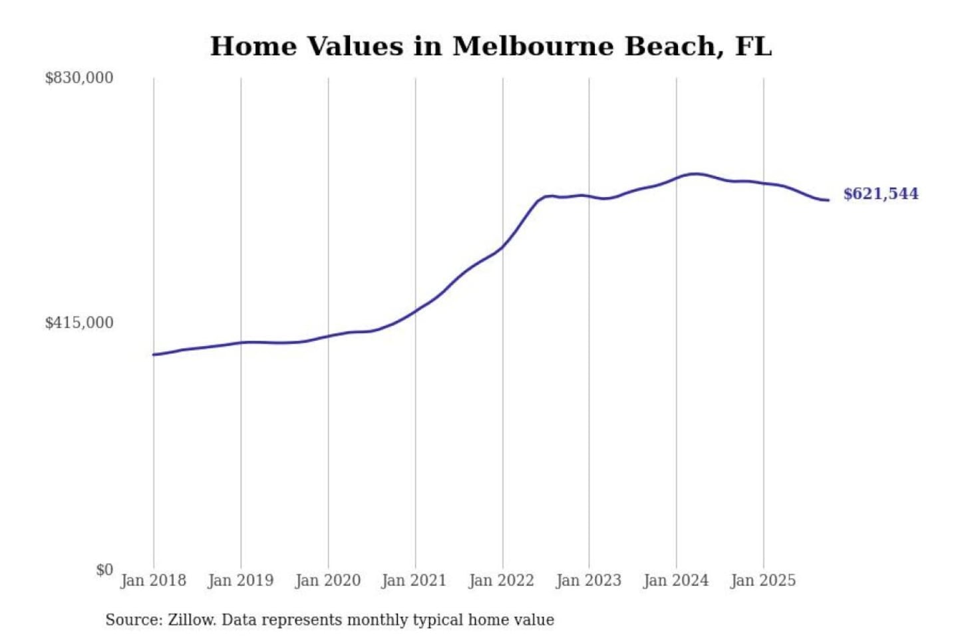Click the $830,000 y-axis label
point(79,78)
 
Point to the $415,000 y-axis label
point(79,323)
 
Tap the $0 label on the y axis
point(104,570)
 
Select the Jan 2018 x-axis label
point(154,580)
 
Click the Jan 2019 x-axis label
point(241,580)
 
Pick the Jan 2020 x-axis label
point(328,580)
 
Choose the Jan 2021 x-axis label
point(414,580)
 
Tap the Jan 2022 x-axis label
point(502,580)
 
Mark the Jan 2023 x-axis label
point(589,580)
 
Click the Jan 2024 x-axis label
point(676,580)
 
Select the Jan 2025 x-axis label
point(763,580)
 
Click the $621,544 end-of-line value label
point(881,194)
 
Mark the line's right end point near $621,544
point(828,200)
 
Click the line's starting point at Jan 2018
point(154,355)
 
